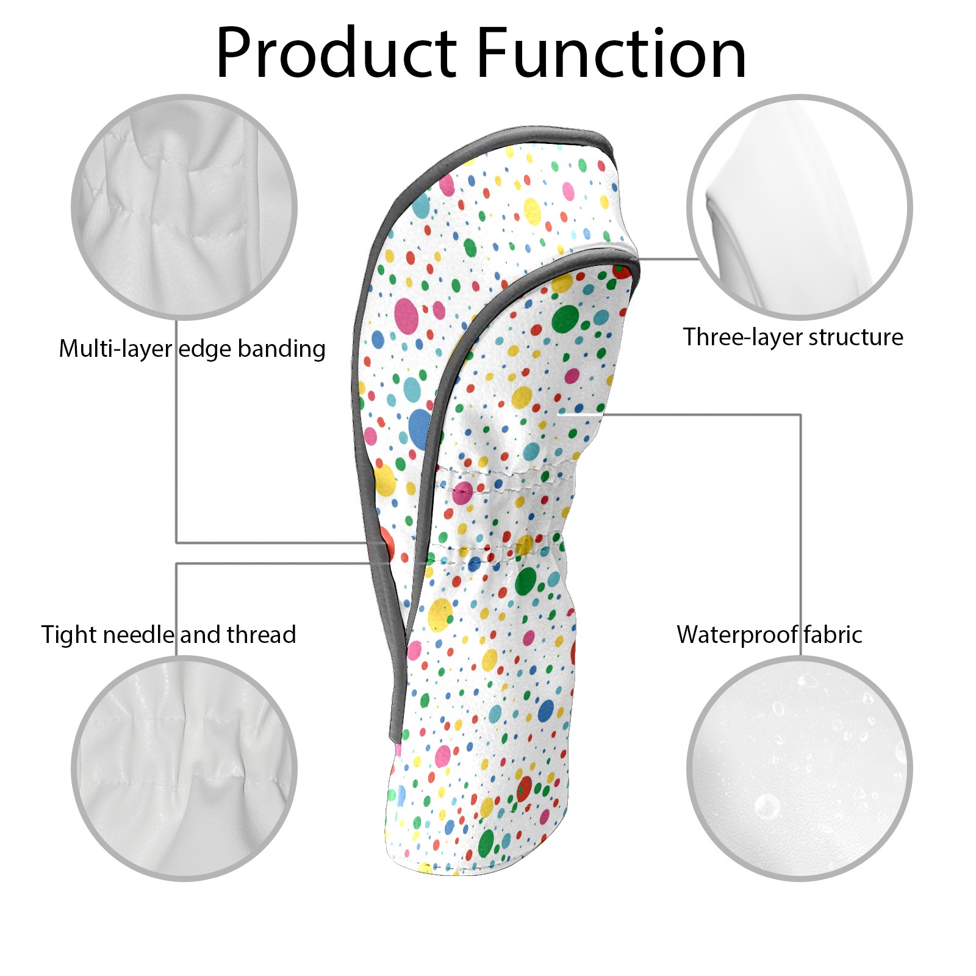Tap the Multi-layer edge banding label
click(192, 349)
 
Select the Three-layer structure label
click(793, 337)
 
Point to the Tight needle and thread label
click(168, 635)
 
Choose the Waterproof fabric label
click(769, 635)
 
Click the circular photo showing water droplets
click(800, 768)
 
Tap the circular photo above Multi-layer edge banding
click(184, 207)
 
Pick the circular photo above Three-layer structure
click(800, 207)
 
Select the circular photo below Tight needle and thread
click(184, 768)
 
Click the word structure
click(856, 337)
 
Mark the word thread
click(262, 635)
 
